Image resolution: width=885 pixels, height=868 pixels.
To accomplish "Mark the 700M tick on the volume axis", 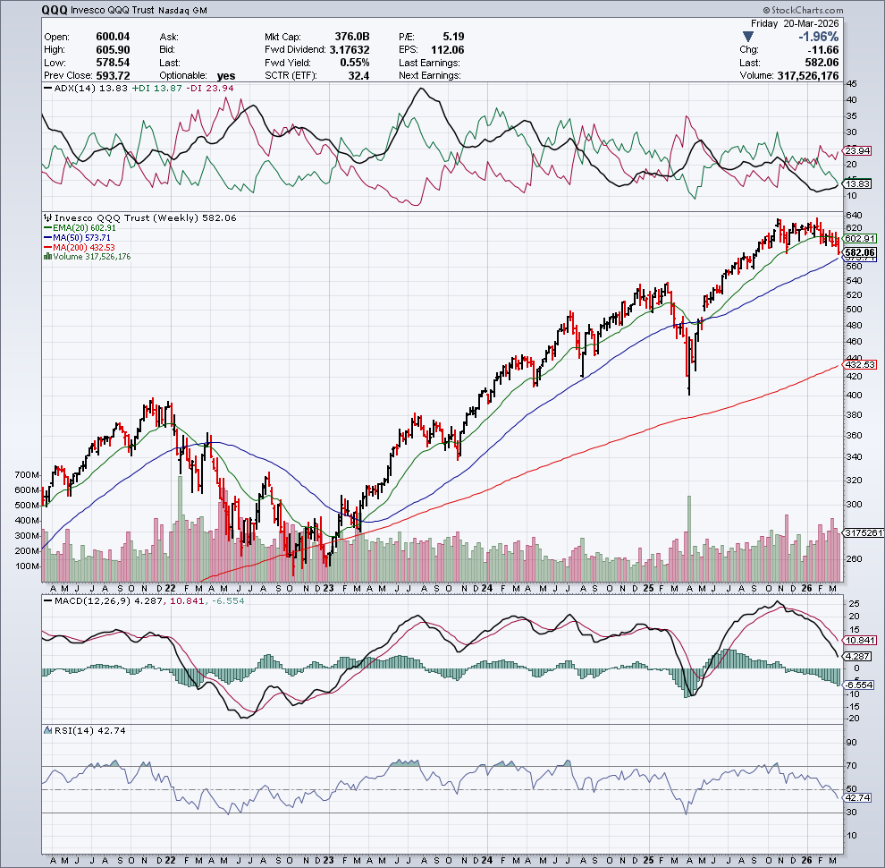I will point(28,474).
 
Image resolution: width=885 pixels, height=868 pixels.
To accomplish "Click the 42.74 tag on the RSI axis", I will point(858,796).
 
